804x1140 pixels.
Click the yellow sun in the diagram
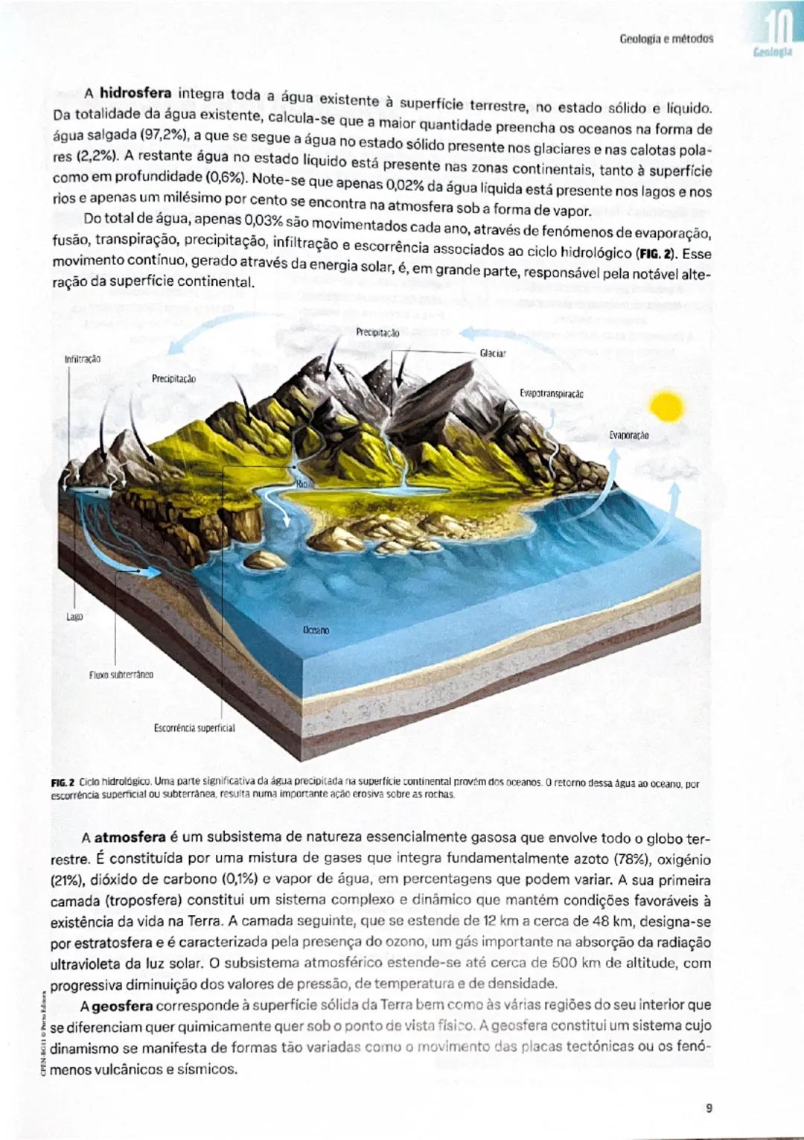click(666, 407)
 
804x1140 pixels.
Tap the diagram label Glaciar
click(493, 353)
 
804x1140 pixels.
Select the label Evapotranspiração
click(552, 393)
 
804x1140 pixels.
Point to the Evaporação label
click(629, 435)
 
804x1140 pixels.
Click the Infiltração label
click(83, 359)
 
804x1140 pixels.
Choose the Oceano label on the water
click(316, 630)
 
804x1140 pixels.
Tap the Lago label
click(74, 617)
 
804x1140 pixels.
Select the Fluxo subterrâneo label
click(121, 675)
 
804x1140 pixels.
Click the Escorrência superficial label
click(194, 727)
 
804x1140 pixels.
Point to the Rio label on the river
click(301, 484)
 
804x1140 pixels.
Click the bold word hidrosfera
click(135, 93)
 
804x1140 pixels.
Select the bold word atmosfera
click(130, 838)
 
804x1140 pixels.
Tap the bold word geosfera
click(122, 1007)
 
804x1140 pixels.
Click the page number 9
click(709, 1108)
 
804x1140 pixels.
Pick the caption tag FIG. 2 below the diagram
click(63, 783)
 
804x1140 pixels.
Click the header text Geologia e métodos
click(666, 38)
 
